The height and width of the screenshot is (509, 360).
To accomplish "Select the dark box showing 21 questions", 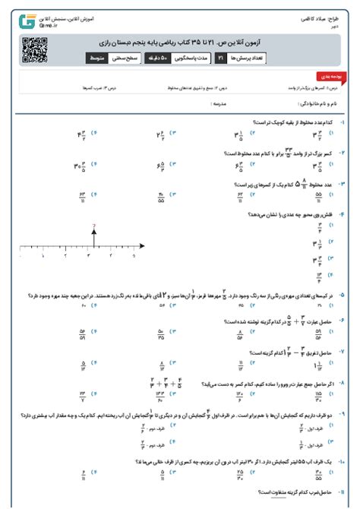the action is pos(220,58).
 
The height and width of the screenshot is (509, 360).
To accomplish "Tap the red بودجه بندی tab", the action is pos(332,77).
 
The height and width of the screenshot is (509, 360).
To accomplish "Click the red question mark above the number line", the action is pos(93,226).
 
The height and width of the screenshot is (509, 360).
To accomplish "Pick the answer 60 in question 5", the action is pos(83,305).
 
